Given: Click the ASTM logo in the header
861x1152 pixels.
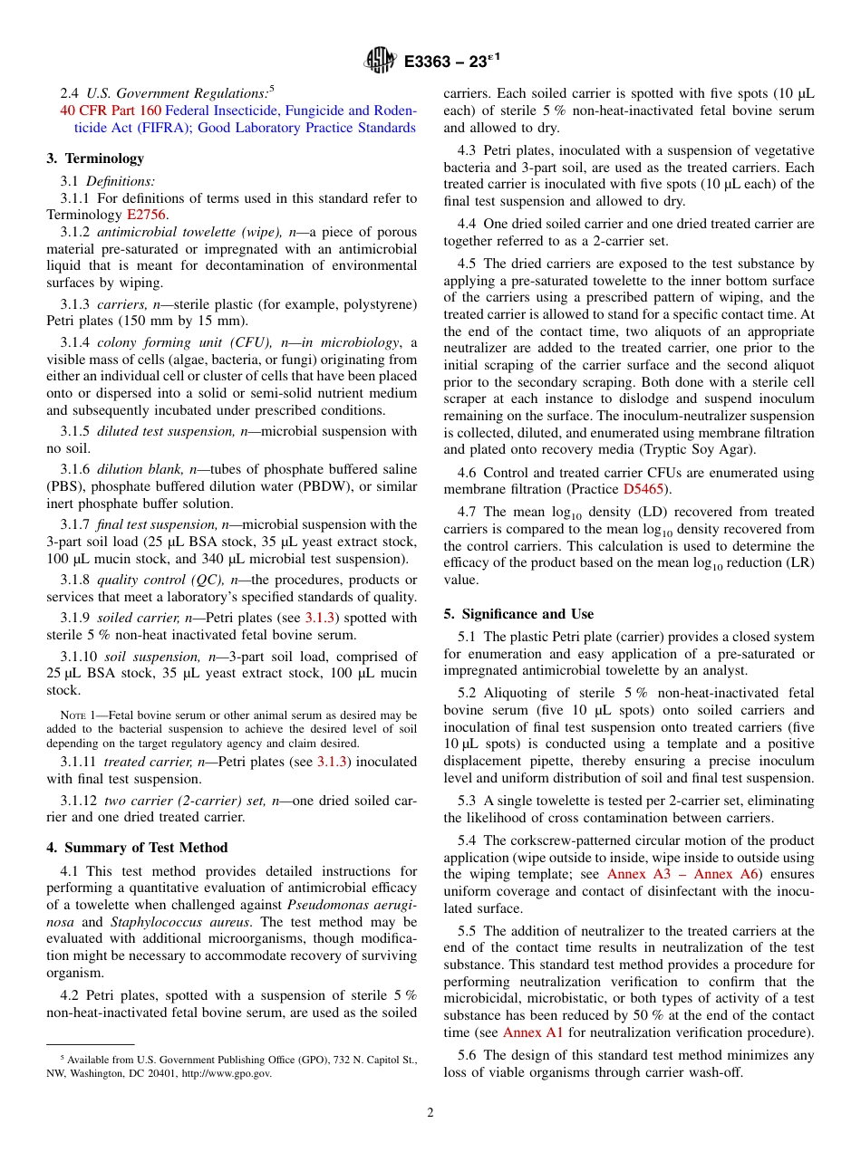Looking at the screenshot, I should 380,61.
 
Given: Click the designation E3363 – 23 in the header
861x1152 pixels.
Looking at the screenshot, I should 450,62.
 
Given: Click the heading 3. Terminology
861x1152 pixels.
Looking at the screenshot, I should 95,158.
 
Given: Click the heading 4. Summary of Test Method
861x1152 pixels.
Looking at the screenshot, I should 137,848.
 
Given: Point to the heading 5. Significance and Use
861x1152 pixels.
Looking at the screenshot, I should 518,614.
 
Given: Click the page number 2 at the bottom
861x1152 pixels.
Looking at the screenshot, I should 430,1112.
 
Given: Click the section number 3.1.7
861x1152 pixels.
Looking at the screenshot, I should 75,524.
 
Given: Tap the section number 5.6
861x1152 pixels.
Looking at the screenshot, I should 470,1055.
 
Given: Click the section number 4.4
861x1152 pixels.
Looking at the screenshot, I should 469,224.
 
